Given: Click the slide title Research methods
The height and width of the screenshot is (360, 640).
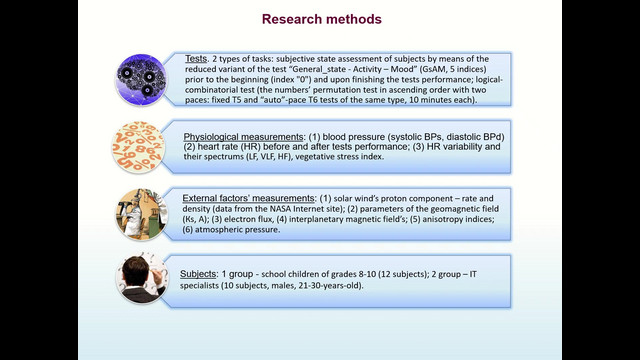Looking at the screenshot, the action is coord(322,19).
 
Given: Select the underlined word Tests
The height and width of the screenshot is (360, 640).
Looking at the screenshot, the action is coord(196,59).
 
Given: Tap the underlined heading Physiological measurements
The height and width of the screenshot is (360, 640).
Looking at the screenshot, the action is coord(243,137).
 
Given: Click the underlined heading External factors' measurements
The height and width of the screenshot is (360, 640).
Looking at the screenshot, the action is coord(248,198).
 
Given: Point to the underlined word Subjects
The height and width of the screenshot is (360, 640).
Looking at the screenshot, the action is coord(198,274).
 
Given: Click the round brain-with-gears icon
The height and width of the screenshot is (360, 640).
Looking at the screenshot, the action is coord(141,80).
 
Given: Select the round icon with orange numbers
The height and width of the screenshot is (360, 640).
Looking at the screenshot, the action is coord(138,147).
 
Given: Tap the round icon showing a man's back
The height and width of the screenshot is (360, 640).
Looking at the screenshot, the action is coord(142,278).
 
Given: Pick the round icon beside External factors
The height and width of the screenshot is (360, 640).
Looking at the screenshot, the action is coord(142,214).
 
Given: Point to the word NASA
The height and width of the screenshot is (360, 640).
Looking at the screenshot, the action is coord(280,209).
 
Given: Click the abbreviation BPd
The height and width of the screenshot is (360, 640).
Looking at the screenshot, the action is coord(493,137).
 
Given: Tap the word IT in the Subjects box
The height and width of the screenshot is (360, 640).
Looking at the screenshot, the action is coord(473,274).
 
